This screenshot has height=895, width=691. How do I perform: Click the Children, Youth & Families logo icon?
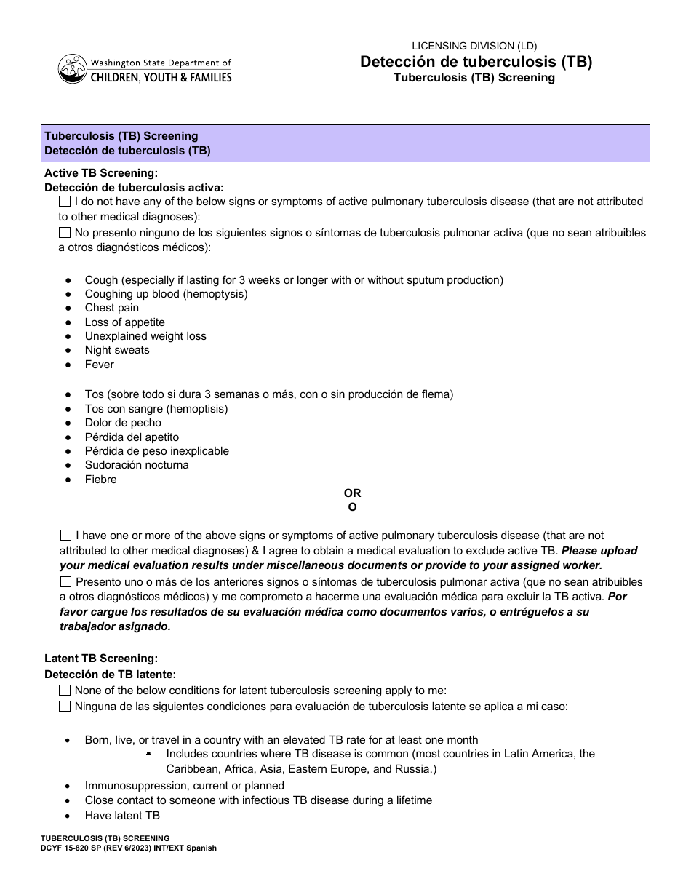(71, 69)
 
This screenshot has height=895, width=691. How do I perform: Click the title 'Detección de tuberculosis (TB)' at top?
(476, 62)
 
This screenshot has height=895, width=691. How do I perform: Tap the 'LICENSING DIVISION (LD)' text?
(475, 46)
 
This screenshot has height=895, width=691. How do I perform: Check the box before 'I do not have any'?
(65, 202)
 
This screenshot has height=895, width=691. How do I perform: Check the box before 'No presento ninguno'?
(65, 233)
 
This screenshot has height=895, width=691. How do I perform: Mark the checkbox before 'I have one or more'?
(66, 535)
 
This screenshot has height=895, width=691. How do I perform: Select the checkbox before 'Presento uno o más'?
(66, 581)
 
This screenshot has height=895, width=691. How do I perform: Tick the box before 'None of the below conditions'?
(65, 690)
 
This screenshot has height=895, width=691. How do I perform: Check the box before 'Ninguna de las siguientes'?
(65, 706)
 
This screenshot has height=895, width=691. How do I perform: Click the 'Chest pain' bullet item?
(111, 308)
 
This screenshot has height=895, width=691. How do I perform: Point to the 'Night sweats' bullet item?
(116, 350)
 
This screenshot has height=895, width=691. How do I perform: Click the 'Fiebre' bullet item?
(100, 480)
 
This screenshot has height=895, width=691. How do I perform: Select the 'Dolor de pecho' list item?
(123, 423)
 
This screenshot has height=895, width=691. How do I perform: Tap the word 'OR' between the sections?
(352, 493)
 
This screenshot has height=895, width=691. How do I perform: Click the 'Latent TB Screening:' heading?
(101, 659)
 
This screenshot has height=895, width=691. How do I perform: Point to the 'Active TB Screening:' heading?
(101, 173)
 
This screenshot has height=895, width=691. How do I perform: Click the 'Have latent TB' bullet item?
(122, 816)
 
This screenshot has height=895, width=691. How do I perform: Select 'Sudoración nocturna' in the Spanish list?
(137, 465)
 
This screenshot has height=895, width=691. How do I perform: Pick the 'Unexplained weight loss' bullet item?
(145, 336)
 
